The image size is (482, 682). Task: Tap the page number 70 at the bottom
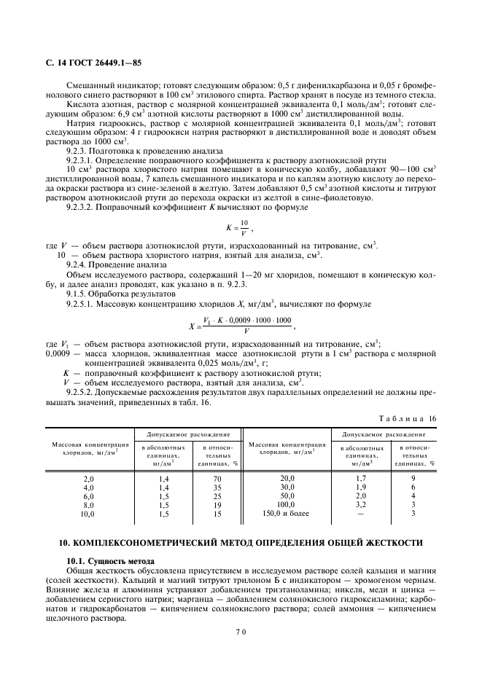pos(240,632)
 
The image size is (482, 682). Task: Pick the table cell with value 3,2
pos(360,504)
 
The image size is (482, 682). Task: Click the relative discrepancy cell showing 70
pos(217,478)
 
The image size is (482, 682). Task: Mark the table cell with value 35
pos(217,487)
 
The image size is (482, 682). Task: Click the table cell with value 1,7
pos(360,478)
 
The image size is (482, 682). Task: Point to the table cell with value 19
pos(217,504)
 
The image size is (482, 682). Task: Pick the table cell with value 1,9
pos(360,487)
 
